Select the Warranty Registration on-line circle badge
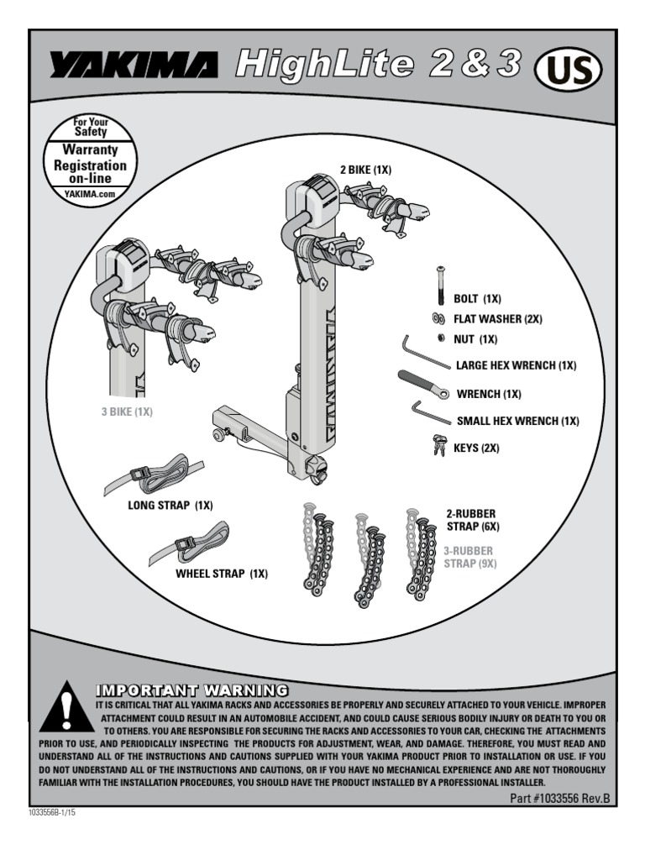coord(89,160)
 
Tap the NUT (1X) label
coord(476,339)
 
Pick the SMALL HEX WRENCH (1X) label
coord(517,421)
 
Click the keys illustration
coord(438,445)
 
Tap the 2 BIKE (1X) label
coord(366,170)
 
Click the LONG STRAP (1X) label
coord(170,506)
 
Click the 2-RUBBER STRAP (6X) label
coord(472,520)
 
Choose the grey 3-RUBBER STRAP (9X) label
coord(470,557)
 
